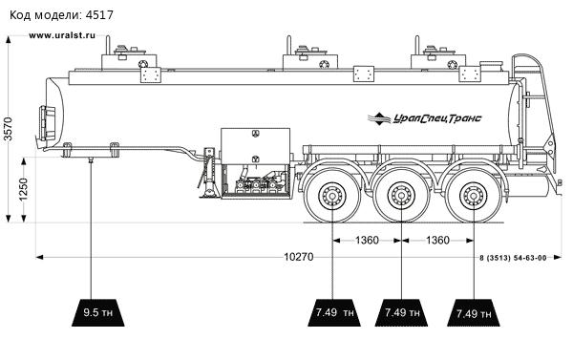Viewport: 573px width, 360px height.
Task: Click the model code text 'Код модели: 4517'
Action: (61, 15)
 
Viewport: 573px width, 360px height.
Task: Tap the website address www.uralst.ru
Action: (62, 35)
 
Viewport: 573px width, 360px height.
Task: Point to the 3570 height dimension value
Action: (8, 128)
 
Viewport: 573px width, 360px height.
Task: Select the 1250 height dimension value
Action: (23, 189)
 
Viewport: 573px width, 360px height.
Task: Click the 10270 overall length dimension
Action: (299, 257)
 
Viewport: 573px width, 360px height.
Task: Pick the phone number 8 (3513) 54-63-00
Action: (513, 258)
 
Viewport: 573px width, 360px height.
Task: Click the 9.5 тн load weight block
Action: (98, 312)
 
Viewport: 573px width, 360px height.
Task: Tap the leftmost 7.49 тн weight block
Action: (334, 312)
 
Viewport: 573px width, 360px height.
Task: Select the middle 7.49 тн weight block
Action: (401, 312)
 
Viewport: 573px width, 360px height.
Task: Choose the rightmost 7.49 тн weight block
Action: (474, 312)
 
